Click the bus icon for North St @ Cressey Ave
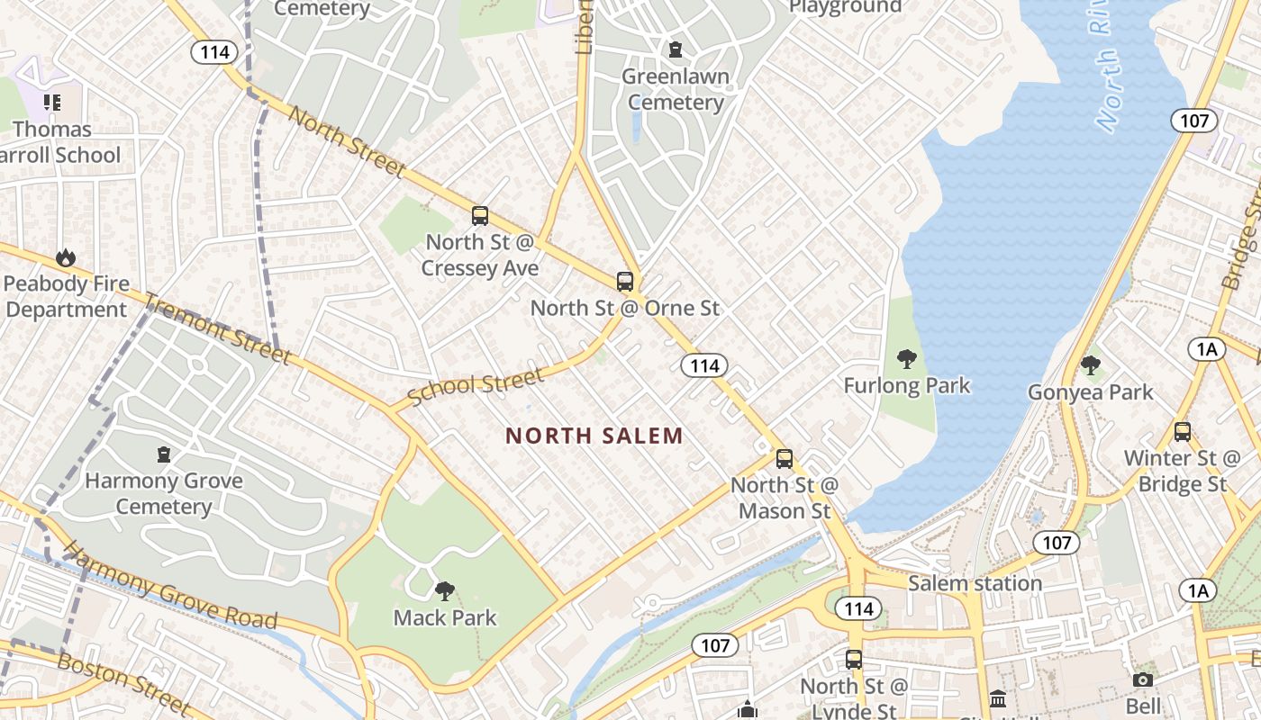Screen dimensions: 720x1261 coord(480,216)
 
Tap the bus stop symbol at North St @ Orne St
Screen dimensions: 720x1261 coord(625,281)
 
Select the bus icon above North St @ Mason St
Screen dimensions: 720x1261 coord(785,459)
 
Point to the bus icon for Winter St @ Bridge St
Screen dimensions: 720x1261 coord(1183,431)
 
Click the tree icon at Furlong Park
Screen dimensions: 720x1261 coord(907,359)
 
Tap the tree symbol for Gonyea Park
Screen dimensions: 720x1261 coord(1091,365)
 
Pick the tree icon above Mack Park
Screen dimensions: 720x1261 coord(444,591)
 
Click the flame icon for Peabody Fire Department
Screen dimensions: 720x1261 coord(66,258)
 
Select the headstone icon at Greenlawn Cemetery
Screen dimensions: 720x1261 coord(676,49)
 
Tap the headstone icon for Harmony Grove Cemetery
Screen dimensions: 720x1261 coord(164,454)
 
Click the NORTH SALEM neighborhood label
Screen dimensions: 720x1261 coord(594,436)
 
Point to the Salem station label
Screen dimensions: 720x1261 coord(975,583)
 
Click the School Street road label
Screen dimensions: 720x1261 coord(476,386)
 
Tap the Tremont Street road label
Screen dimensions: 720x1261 coord(218,330)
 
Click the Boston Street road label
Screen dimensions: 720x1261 coord(123,685)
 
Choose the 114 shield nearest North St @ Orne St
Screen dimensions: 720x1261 coord(704,364)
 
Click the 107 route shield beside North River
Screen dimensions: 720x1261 coord(1194,120)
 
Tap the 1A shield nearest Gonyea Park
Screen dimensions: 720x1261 coord(1206,350)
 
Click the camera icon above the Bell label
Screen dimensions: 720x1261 coord(1143,680)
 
